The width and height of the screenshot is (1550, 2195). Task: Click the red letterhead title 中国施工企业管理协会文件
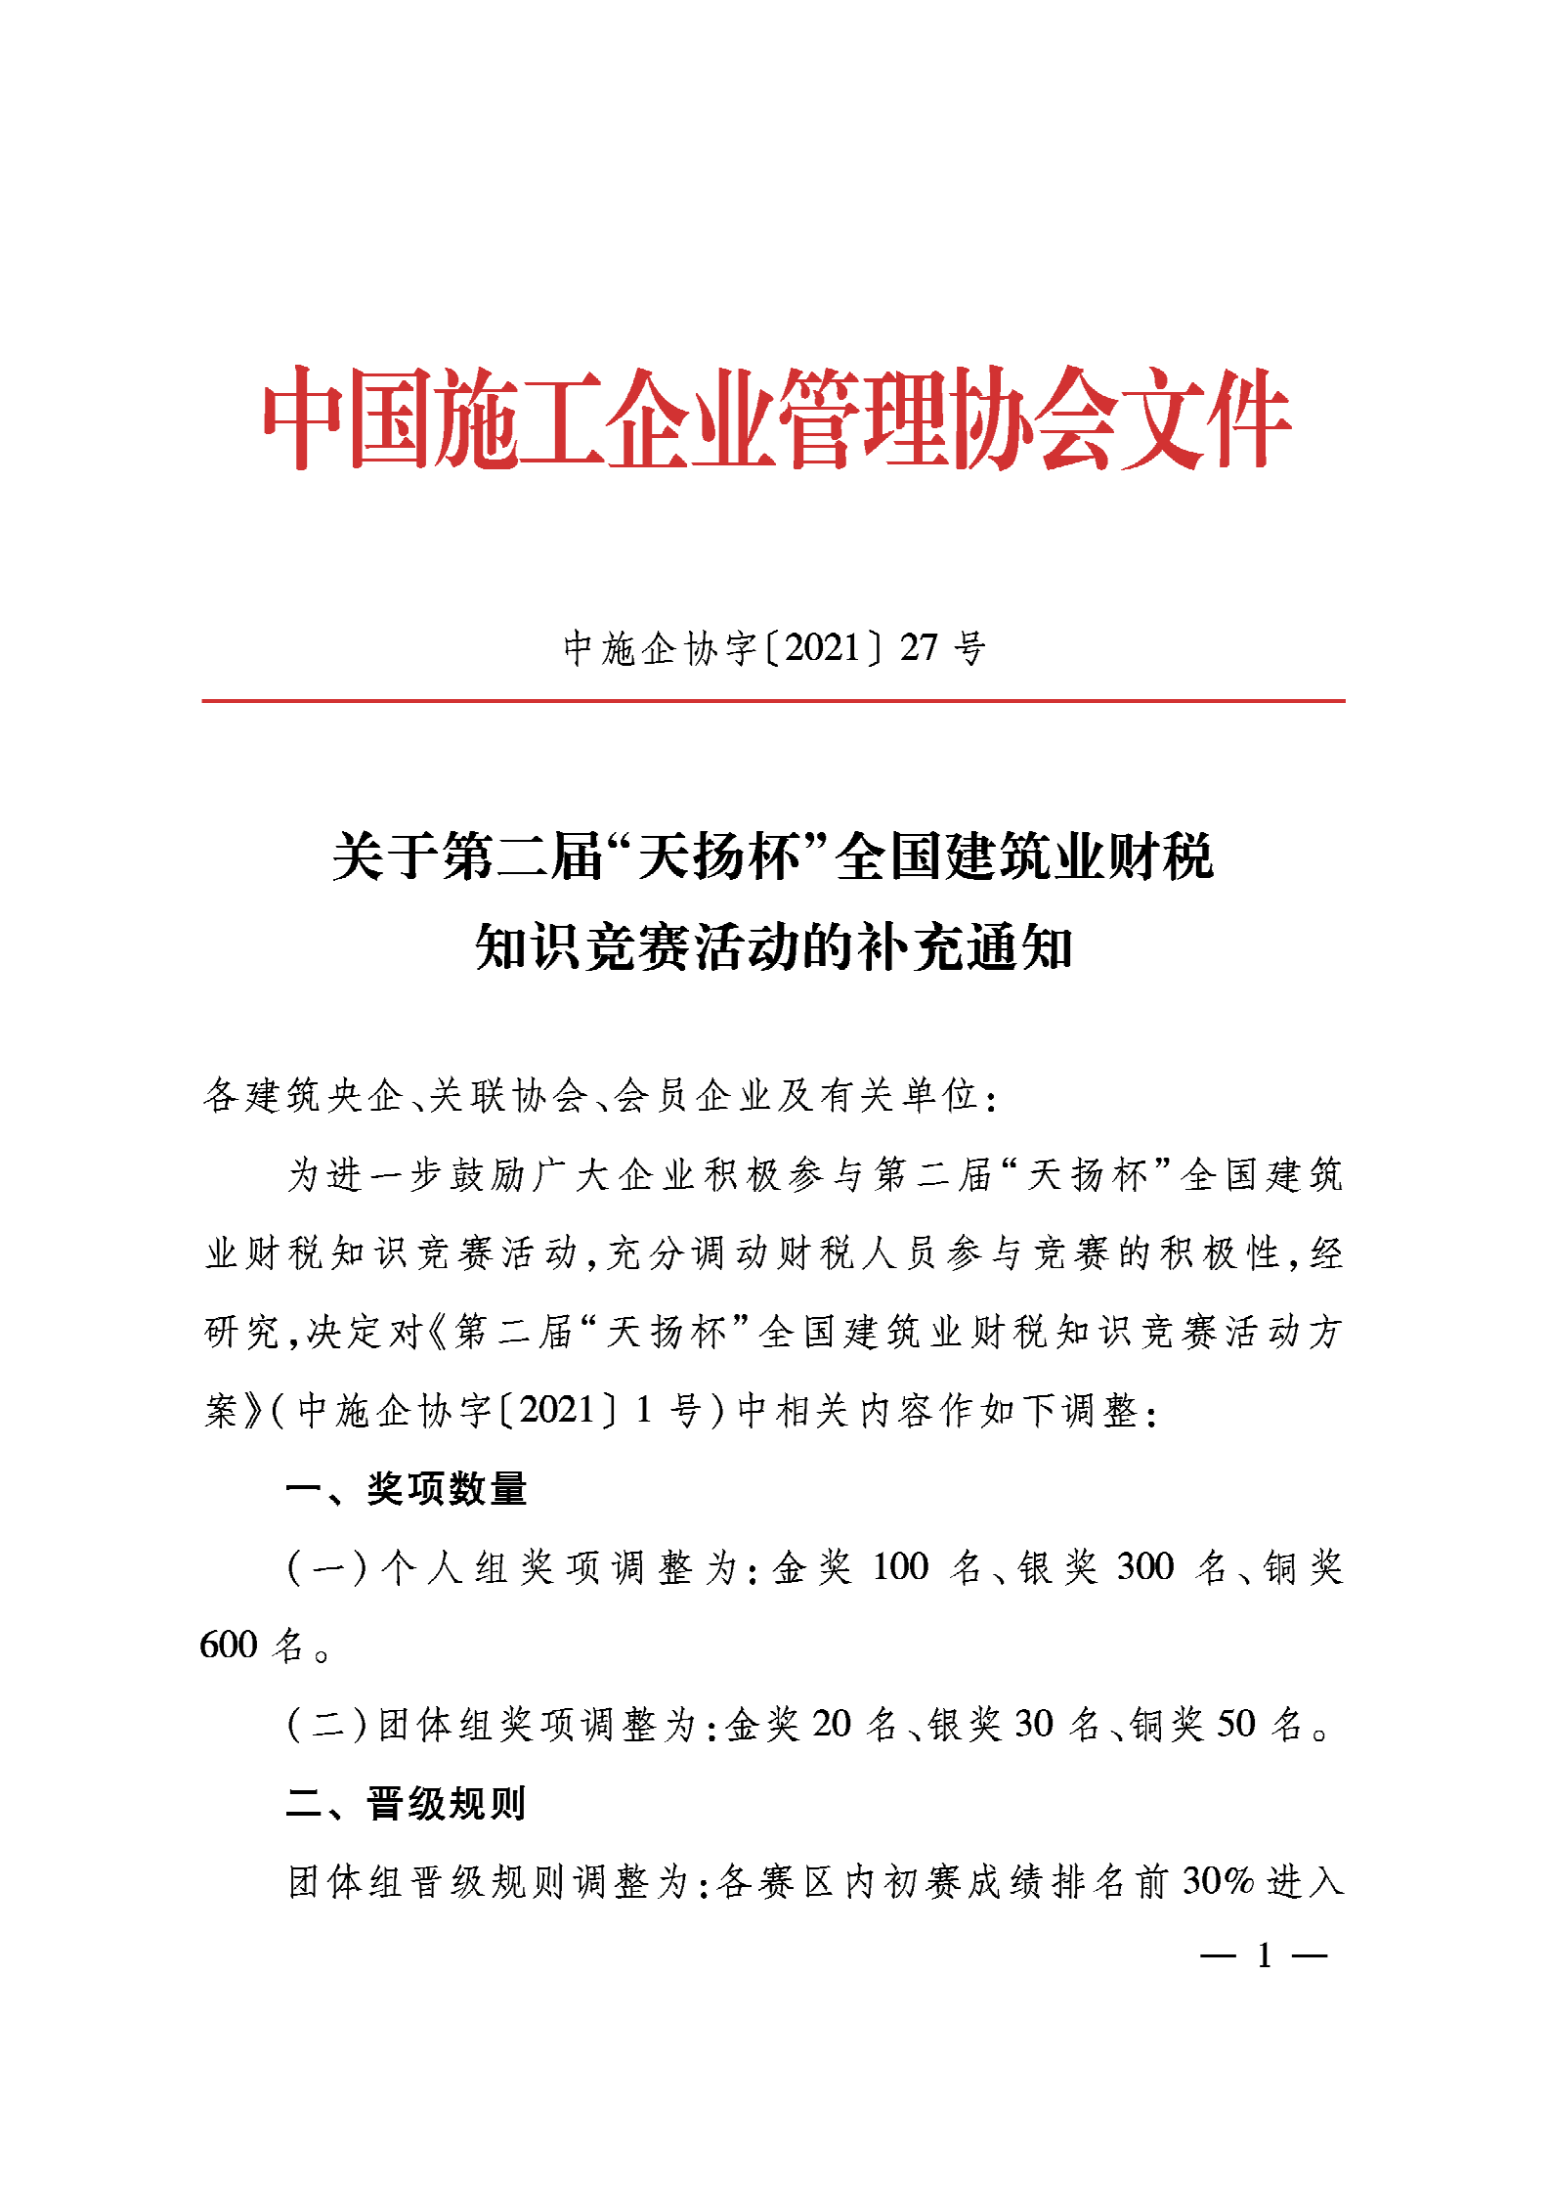tap(776, 418)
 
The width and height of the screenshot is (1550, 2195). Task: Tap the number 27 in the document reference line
tap(919, 647)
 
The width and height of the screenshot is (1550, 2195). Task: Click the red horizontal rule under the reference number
tap(773, 700)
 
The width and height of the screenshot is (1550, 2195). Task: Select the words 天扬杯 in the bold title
tap(718, 856)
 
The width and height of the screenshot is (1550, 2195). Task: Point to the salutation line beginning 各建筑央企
tap(600, 1095)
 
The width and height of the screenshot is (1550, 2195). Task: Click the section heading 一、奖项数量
tap(407, 1488)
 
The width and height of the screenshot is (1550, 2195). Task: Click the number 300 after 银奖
tap(1144, 1567)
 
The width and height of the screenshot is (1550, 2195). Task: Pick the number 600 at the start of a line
tap(228, 1646)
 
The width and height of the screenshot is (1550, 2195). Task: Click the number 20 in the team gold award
tap(832, 1724)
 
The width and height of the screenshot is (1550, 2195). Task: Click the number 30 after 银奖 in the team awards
tap(1034, 1724)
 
